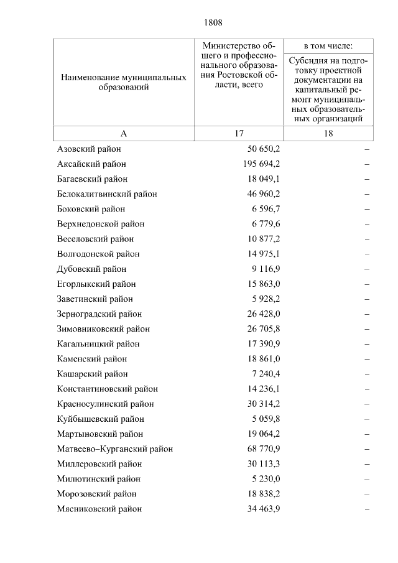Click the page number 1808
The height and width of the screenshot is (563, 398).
click(x=213, y=23)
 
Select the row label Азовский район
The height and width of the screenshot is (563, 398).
click(x=88, y=149)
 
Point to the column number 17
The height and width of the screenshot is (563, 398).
click(x=239, y=134)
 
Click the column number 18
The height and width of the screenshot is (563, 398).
click(x=328, y=134)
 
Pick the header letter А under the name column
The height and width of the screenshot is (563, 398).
click(x=123, y=134)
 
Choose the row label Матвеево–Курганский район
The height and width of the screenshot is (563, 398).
click(x=114, y=449)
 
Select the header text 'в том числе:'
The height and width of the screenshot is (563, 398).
click(x=328, y=46)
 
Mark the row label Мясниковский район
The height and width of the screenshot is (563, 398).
click(x=99, y=509)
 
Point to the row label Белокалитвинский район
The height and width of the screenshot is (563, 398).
click(x=106, y=194)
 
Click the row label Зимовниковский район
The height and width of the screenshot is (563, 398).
click(x=103, y=329)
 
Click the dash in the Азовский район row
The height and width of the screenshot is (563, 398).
click(x=367, y=150)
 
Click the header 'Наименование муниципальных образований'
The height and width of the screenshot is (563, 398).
click(x=123, y=83)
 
